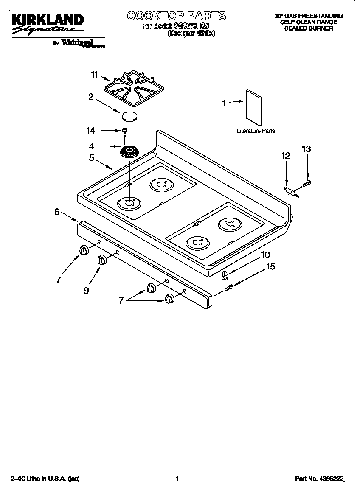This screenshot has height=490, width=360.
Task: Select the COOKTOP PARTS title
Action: coord(176,16)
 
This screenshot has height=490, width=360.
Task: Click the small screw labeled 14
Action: coord(125,131)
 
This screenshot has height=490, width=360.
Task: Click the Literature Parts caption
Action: coord(256,131)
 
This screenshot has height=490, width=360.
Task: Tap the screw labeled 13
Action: coord(307,183)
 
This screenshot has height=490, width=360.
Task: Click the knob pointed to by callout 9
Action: coord(102,260)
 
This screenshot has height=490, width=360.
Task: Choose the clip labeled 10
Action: coord(225,274)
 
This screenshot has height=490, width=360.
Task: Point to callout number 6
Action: coord(57,212)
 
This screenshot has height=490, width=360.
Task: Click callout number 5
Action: coord(91,158)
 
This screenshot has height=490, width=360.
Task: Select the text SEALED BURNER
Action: coord(308,28)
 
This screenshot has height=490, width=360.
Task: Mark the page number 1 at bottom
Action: coord(177,479)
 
